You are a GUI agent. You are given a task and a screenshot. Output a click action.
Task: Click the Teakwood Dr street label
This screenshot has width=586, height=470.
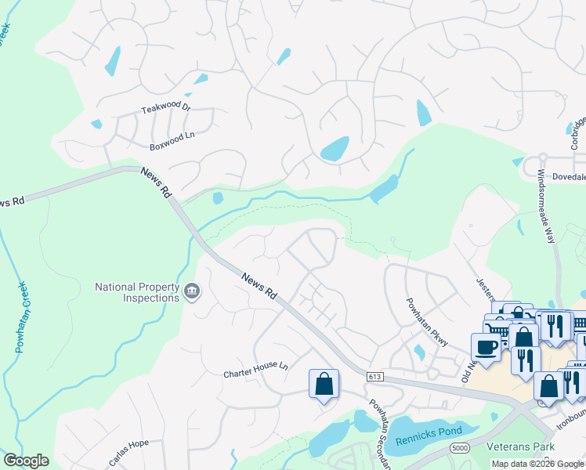pos(165,107)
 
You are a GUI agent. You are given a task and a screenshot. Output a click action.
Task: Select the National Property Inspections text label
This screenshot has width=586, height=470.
pos(137,292)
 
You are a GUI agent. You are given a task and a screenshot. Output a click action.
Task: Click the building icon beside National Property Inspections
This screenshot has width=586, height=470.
pos(192,293)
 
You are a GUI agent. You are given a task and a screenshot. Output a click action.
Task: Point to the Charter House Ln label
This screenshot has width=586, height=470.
pos(255,366)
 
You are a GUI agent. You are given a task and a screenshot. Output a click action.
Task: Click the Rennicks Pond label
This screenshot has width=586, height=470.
pos(429,429)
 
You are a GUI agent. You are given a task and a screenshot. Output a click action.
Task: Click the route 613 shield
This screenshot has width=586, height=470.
pos(374,378)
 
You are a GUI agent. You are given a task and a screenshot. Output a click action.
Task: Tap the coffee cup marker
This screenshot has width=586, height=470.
pos(486,346)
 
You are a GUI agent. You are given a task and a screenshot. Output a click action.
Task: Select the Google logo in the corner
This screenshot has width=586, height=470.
pos(26,461)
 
